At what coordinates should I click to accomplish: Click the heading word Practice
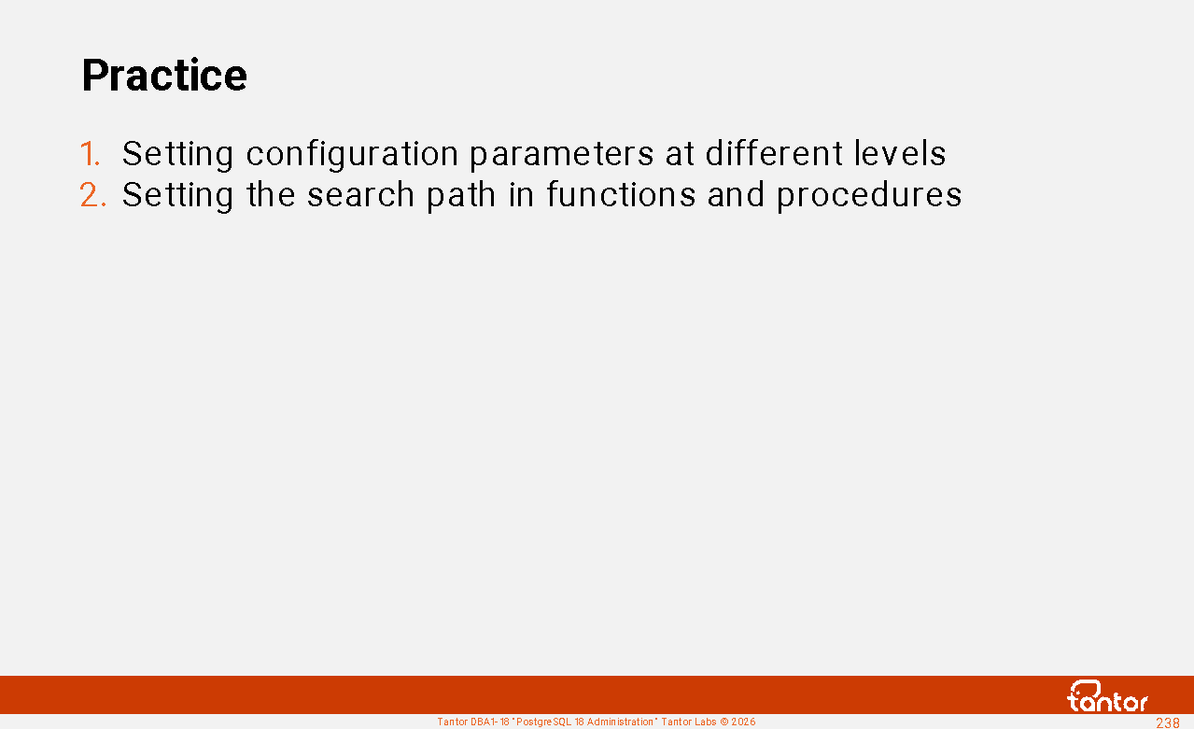[x=164, y=75]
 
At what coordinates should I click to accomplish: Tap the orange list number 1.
[x=90, y=153]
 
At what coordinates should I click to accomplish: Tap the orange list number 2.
[x=92, y=194]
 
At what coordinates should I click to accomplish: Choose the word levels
[x=900, y=153]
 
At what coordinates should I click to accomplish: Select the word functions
[x=622, y=194]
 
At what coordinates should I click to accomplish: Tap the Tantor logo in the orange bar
[x=1107, y=696]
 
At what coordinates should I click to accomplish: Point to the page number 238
[x=1167, y=723]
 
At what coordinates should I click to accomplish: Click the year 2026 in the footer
[x=743, y=722]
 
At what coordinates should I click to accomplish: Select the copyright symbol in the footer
[x=723, y=722]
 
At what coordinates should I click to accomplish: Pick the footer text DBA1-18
[x=490, y=722]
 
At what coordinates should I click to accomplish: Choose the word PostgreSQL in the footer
[x=543, y=722]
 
